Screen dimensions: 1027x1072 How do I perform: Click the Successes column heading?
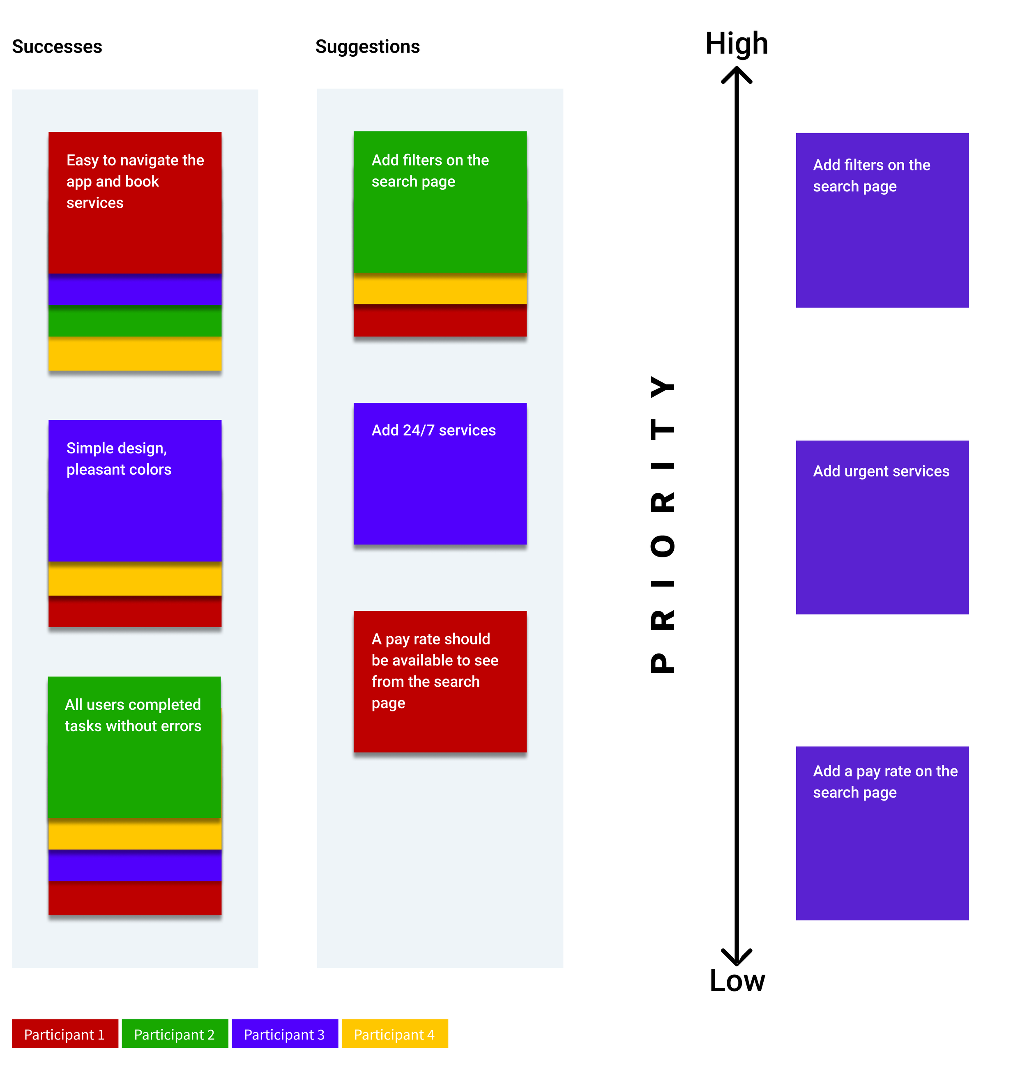tap(57, 46)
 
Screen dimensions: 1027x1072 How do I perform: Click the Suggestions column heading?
tap(367, 46)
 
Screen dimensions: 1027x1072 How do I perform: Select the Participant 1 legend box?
tap(64, 1034)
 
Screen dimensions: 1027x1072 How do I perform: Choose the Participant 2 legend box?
tap(175, 1034)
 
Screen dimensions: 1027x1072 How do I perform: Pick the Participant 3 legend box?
tap(285, 1034)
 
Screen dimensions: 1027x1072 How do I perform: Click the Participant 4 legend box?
tap(394, 1034)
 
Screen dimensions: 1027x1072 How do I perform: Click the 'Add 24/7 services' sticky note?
tap(440, 474)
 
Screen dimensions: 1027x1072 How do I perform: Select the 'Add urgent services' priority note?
tap(882, 527)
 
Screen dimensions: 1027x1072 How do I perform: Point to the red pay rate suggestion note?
tap(440, 681)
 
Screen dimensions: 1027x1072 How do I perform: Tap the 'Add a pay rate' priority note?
tap(882, 833)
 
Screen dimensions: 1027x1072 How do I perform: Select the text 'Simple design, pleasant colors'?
tap(119, 458)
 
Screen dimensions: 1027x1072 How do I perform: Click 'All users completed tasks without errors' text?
tap(133, 715)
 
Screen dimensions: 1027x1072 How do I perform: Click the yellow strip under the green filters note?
tap(440, 288)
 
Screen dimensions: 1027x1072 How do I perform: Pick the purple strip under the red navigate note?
tap(135, 289)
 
